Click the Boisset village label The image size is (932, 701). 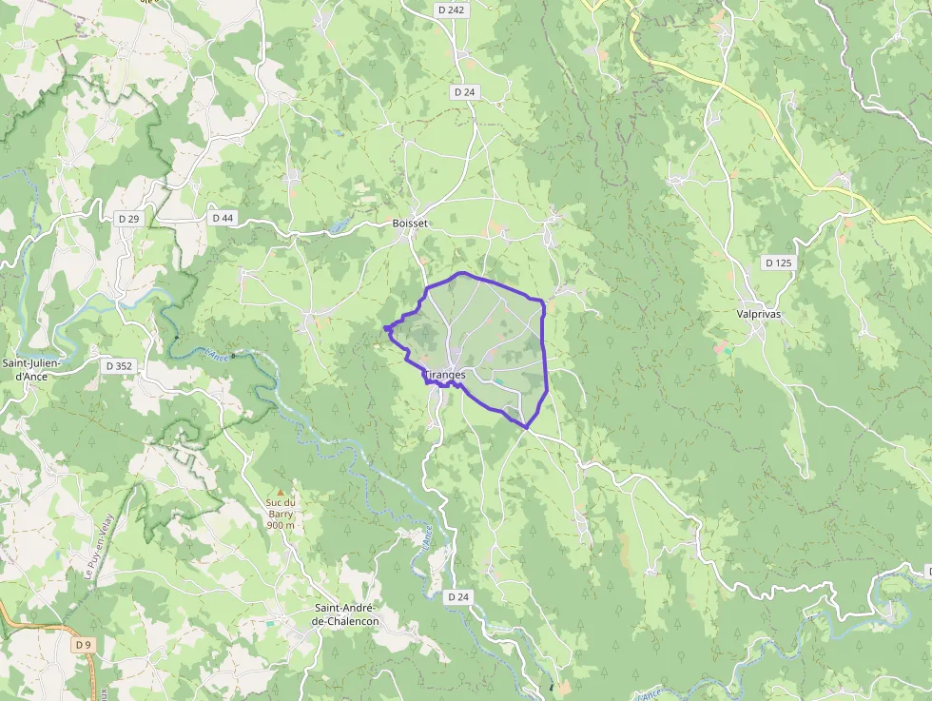(410, 224)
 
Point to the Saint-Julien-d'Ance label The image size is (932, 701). (30, 369)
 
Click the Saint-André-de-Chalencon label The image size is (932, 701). (346, 614)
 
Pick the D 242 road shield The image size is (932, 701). (453, 10)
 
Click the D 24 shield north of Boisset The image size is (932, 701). (464, 92)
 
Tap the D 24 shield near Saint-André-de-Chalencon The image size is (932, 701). (458, 596)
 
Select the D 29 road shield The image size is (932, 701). (129, 219)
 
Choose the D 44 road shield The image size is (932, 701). (223, 218)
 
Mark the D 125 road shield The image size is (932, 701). (777, 262)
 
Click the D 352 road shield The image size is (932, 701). (119, 364)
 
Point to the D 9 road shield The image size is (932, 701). (84, 645)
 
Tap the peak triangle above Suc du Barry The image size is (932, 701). (281, 493)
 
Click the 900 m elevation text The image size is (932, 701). (281, 525)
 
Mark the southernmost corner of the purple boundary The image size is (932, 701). (526, 427)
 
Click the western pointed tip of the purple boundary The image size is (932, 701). (384, 329)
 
